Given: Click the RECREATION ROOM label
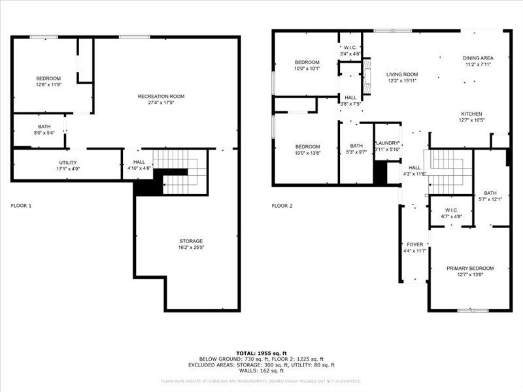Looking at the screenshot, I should point(161,97).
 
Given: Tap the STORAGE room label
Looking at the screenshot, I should point(190,241).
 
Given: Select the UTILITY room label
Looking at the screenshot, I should point(68,163).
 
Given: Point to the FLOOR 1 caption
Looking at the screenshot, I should point(21,206).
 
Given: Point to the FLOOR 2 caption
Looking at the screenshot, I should point(282,206).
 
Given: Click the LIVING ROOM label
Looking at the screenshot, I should point(402,74).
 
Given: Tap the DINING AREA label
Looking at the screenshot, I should point(478,57).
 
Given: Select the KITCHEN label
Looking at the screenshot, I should point(471,114).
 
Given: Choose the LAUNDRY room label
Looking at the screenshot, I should point(387,142).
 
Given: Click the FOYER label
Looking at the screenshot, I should point(415,244).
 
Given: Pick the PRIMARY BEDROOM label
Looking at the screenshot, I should point(470,268).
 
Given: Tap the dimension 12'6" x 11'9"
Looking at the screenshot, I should point(48,85).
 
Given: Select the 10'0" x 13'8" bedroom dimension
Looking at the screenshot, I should point(307,153).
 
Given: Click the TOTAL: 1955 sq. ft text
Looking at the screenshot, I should point(261,353).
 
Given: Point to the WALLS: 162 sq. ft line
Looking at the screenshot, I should point(261,370).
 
